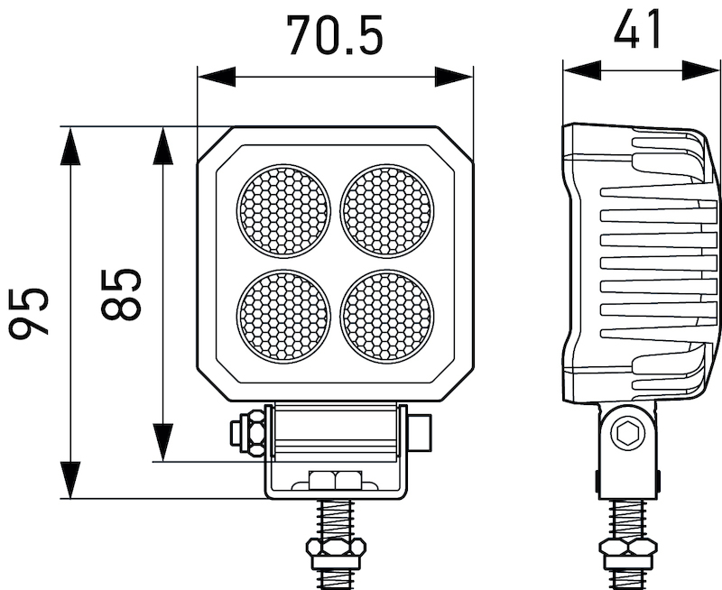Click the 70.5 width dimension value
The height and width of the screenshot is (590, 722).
pyautogui.click(x=335, y=35)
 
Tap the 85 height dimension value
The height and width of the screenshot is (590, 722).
pyautogui.click(x=121, y=294)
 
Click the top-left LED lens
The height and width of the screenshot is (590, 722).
pyautogui.click(x=283, y=210)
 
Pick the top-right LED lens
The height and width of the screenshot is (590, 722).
pyautogui.click(x=387, y=210)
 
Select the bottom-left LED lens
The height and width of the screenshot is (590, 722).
pyautogui.click(x=283, y=314)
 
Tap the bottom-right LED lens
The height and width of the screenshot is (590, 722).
pyautogui.click(x=387, y=314)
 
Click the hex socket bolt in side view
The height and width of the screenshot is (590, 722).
pyautogui.click(x=626, y=435)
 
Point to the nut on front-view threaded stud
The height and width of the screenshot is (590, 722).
pyautogui.click(x=335, y=548)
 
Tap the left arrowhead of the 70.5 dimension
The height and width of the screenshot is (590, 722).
pyautogui.click(x=216, y=77)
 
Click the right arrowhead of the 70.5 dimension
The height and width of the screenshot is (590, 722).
pyautogui.click(x=454, y=77)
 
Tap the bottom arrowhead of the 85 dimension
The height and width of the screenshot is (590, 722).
pyautogui.click(x=162, y=443)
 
